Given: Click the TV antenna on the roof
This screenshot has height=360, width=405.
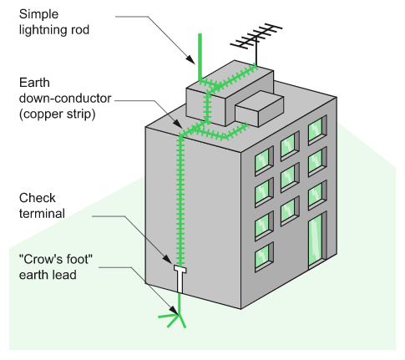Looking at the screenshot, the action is tap(256, 42).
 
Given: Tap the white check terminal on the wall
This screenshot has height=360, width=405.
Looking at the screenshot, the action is tap(180, 278).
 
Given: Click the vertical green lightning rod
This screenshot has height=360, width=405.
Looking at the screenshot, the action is tap(200, 57).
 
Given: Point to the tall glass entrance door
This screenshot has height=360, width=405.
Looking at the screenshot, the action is tap(317, 241).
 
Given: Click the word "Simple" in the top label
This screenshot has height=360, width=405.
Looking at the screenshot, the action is tap(38, 14).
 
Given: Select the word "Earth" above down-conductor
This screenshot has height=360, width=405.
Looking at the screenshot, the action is tap(34, 83).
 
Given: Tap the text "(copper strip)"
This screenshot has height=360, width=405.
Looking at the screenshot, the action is tap(58, 114).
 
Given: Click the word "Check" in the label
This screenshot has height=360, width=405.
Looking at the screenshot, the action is tap(38, 198).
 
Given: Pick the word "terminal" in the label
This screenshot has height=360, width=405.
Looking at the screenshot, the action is tap(42, 214).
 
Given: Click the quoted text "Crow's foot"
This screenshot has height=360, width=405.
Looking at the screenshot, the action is tap(56, 260).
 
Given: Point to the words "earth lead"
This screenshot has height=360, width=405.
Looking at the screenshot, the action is tap(48, 275).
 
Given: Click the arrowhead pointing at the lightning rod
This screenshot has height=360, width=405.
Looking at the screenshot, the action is tap(190, 59).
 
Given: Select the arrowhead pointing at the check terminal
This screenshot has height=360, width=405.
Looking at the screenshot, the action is tap(168, 259).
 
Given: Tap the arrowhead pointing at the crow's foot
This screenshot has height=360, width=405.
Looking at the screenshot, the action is tap(174, 310).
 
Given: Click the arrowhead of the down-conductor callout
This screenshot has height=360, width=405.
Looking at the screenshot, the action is tap(178, 124).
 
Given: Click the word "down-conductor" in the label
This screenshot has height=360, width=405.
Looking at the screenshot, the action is tap(65, 99).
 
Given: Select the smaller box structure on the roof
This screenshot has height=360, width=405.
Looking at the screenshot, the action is tap(260, 109).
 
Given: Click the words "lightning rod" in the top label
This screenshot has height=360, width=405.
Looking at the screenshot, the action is tap(54, 30).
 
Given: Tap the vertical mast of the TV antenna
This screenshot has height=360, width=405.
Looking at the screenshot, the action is tap(256, 53).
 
